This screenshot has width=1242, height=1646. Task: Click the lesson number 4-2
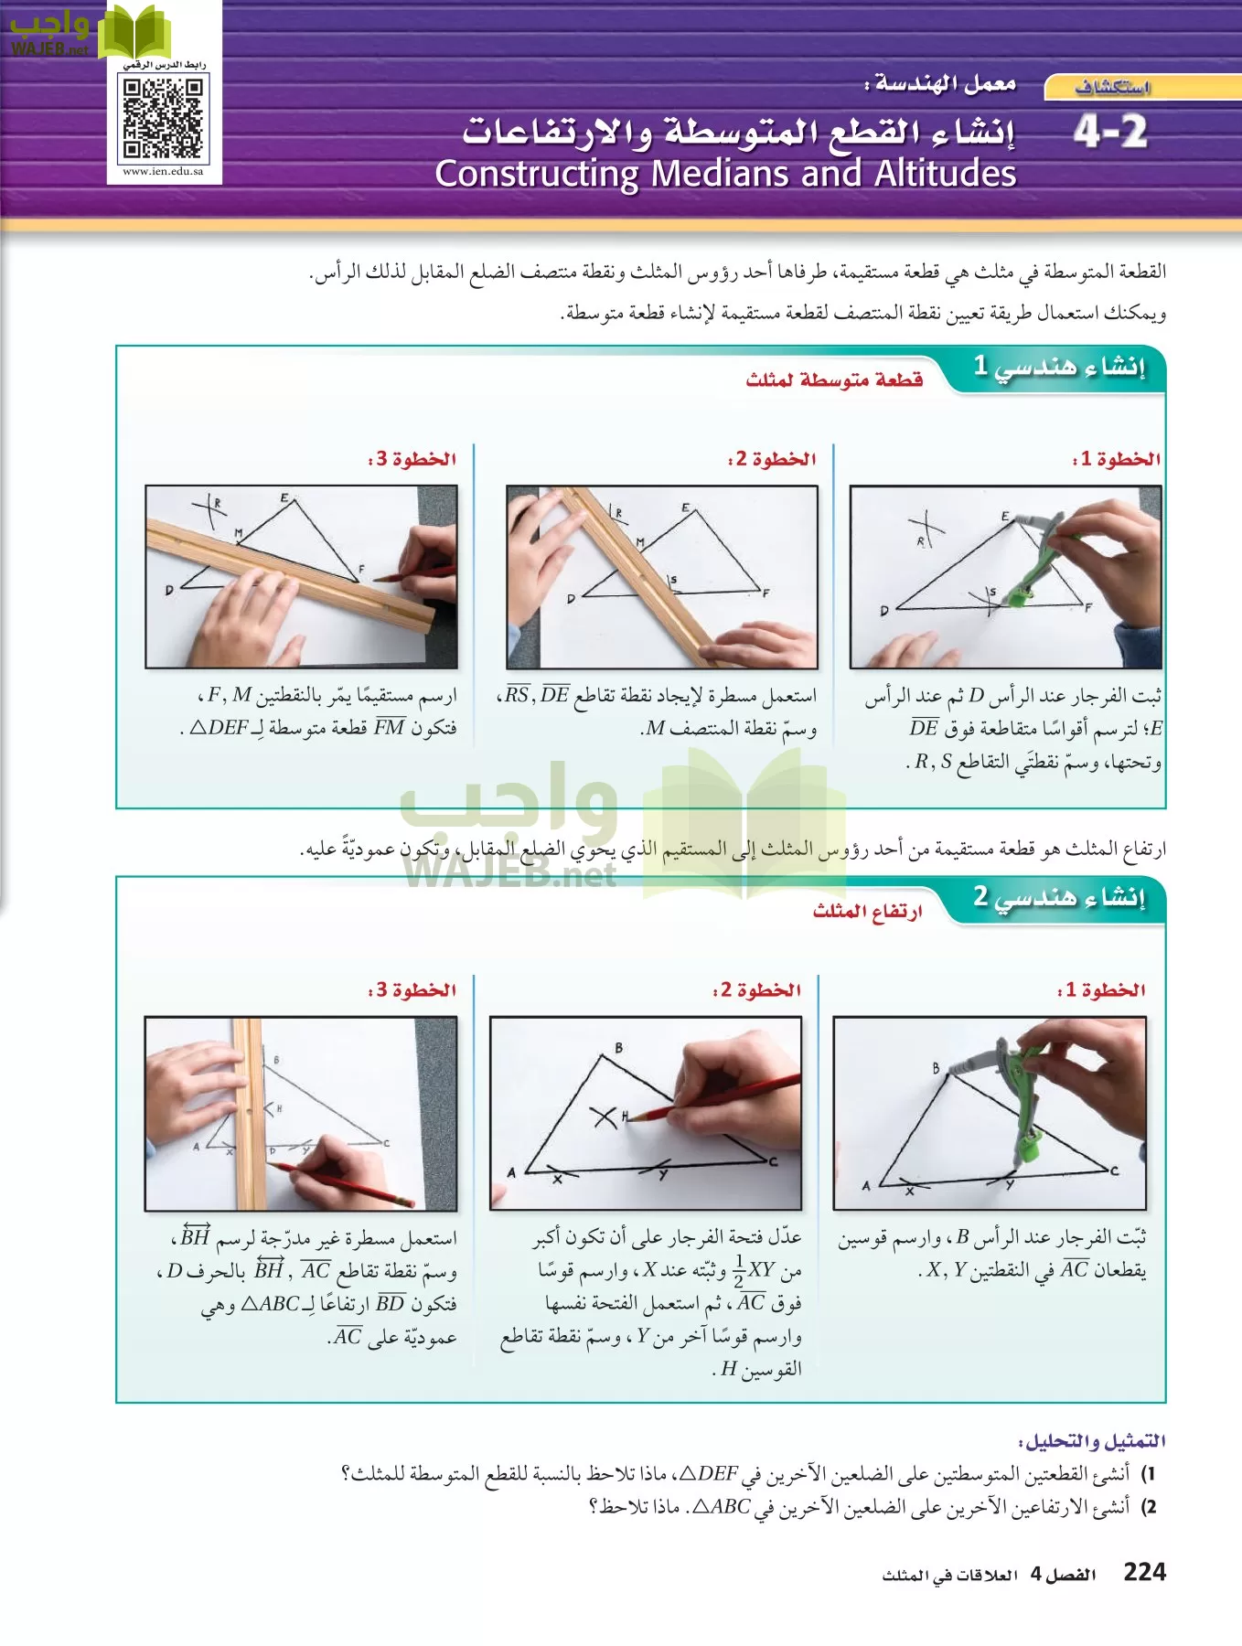[1110, 133]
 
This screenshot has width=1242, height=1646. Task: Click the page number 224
[1144, 1572]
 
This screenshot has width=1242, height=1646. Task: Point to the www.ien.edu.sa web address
[163, 171]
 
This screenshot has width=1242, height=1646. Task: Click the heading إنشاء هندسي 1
[1058, 367]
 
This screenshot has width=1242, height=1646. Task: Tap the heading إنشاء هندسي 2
[1058, 897]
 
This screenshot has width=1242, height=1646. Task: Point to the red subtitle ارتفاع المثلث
[867, 911]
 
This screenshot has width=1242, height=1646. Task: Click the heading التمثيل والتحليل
[1092, 1441]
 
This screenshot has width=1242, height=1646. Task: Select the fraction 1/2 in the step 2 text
[739, 1271]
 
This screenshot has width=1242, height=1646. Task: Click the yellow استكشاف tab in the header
[1111, 88]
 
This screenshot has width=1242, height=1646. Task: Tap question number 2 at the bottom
[1151, 1506]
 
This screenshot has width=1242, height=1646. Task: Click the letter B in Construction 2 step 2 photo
[619, 1048]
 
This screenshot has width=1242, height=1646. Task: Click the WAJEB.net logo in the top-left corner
[50, 32]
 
